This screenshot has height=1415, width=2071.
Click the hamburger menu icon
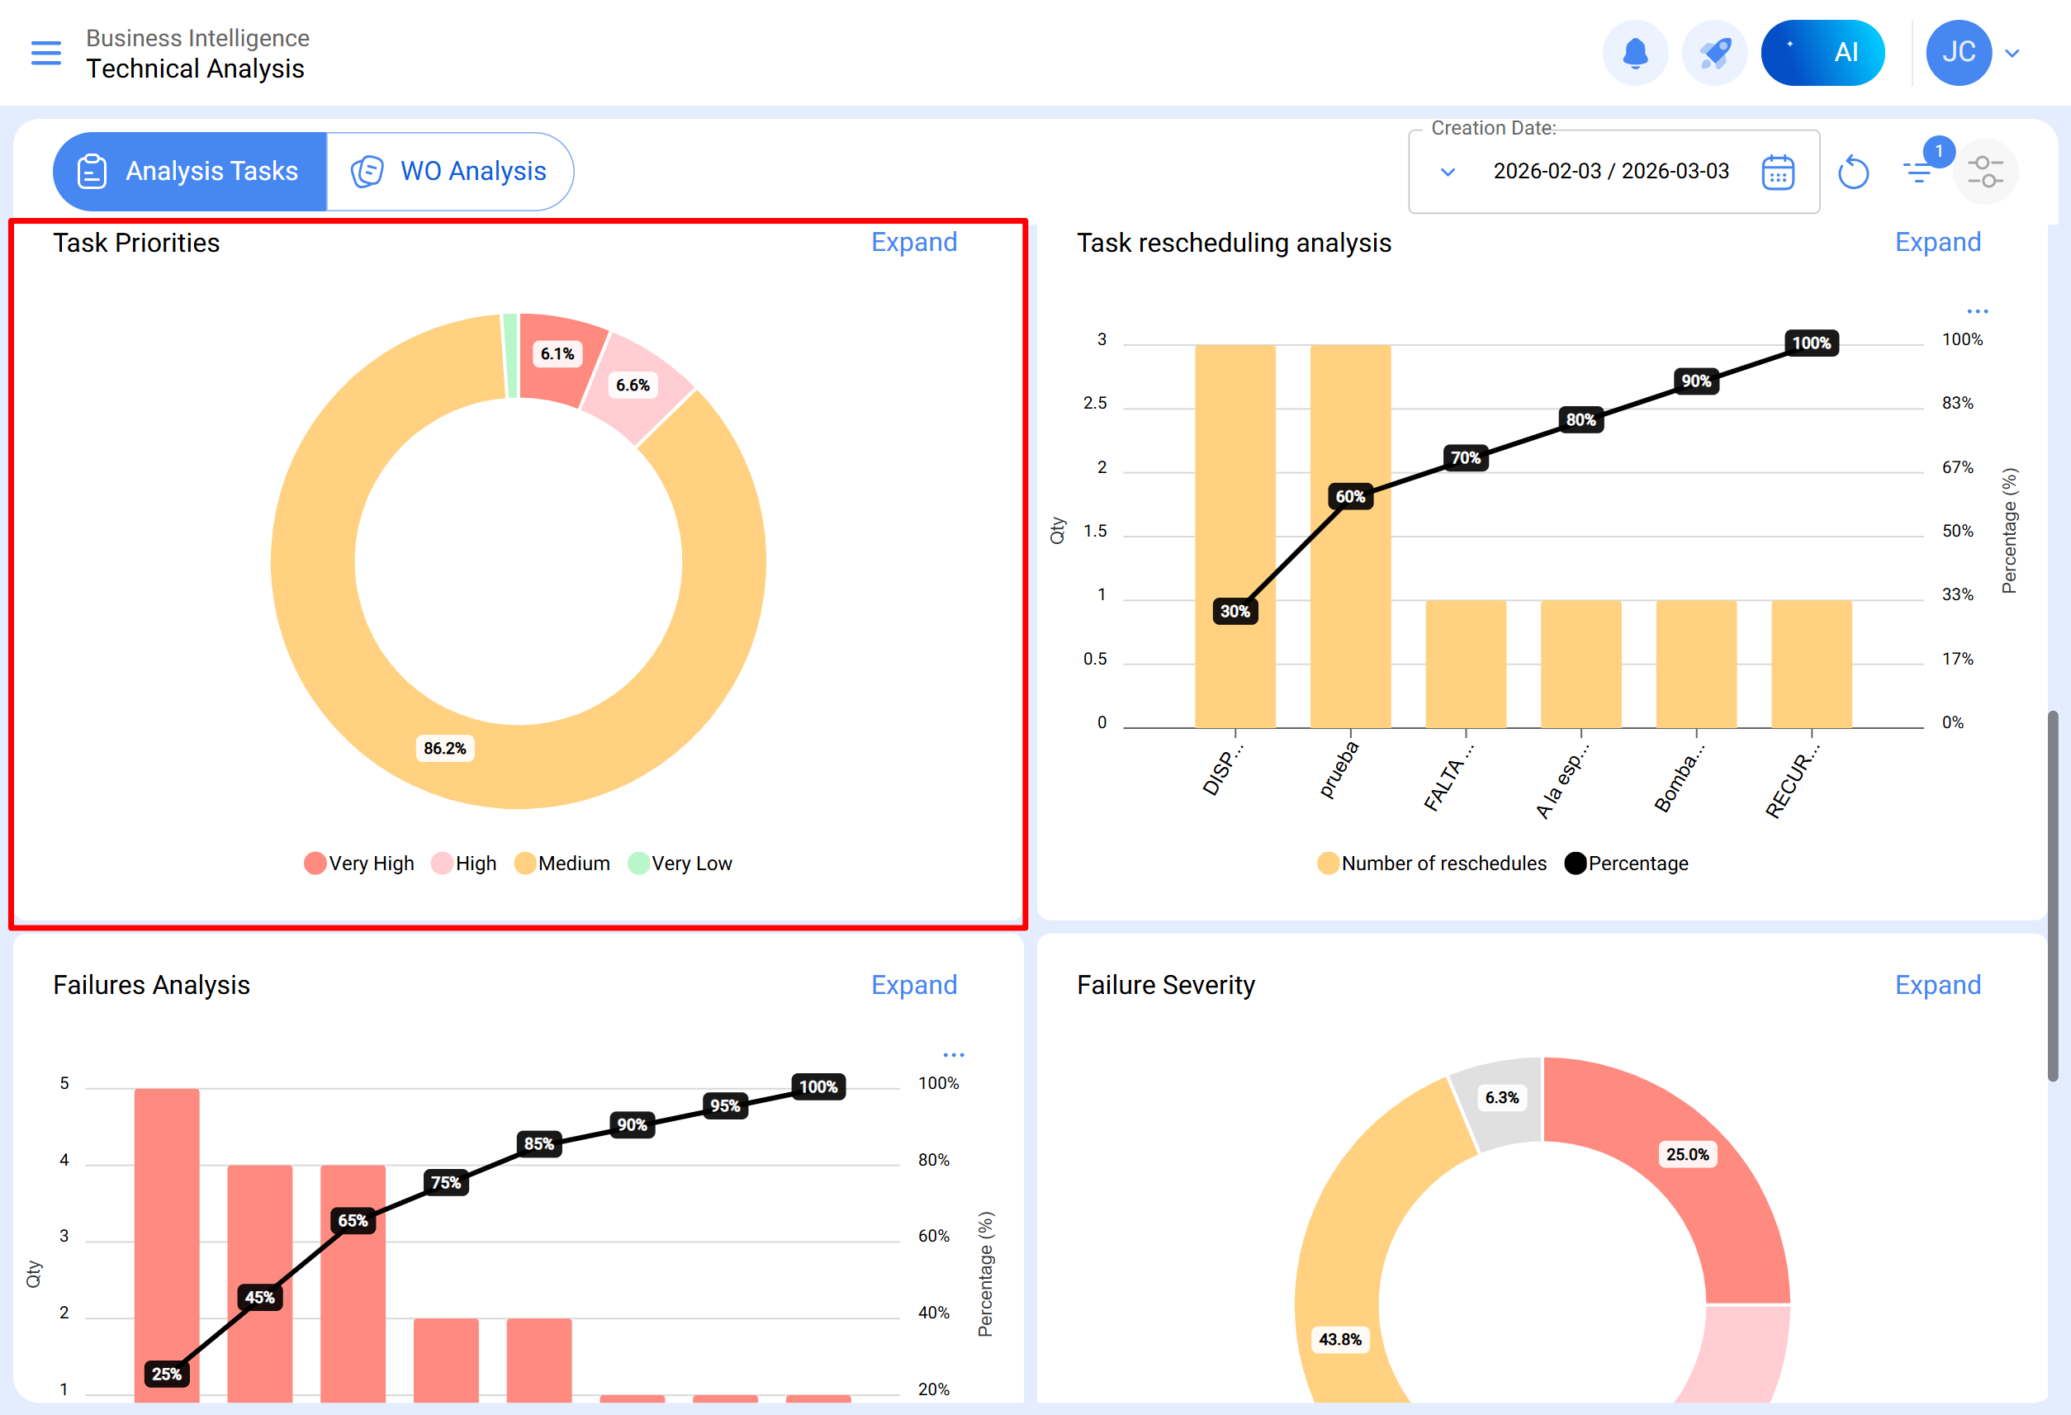[46, 54]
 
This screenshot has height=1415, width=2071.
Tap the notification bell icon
[1634, 54]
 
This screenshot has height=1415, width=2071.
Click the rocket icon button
[1713, 54]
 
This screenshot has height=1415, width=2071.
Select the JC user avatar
[1958, 54]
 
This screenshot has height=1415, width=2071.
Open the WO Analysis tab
[451, 171]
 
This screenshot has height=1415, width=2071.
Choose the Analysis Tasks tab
[190, 171]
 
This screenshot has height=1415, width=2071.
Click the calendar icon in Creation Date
[1777, 172]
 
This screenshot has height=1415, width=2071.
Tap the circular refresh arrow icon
[1853, 172]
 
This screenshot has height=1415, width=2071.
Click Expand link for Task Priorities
[913, 243]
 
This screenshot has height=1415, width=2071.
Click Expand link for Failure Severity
[1937, 985]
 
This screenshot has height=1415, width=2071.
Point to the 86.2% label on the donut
[445, 749]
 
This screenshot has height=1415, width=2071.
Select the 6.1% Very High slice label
[557, 353]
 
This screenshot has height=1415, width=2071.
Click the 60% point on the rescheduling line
[1350, 496]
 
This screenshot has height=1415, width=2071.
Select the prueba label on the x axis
[1339, 770]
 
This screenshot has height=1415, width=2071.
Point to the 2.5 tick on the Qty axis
[1094, 404]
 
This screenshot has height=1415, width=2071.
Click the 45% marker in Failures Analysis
[259, 1298]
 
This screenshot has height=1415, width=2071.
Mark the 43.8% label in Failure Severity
[1339, 1339]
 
